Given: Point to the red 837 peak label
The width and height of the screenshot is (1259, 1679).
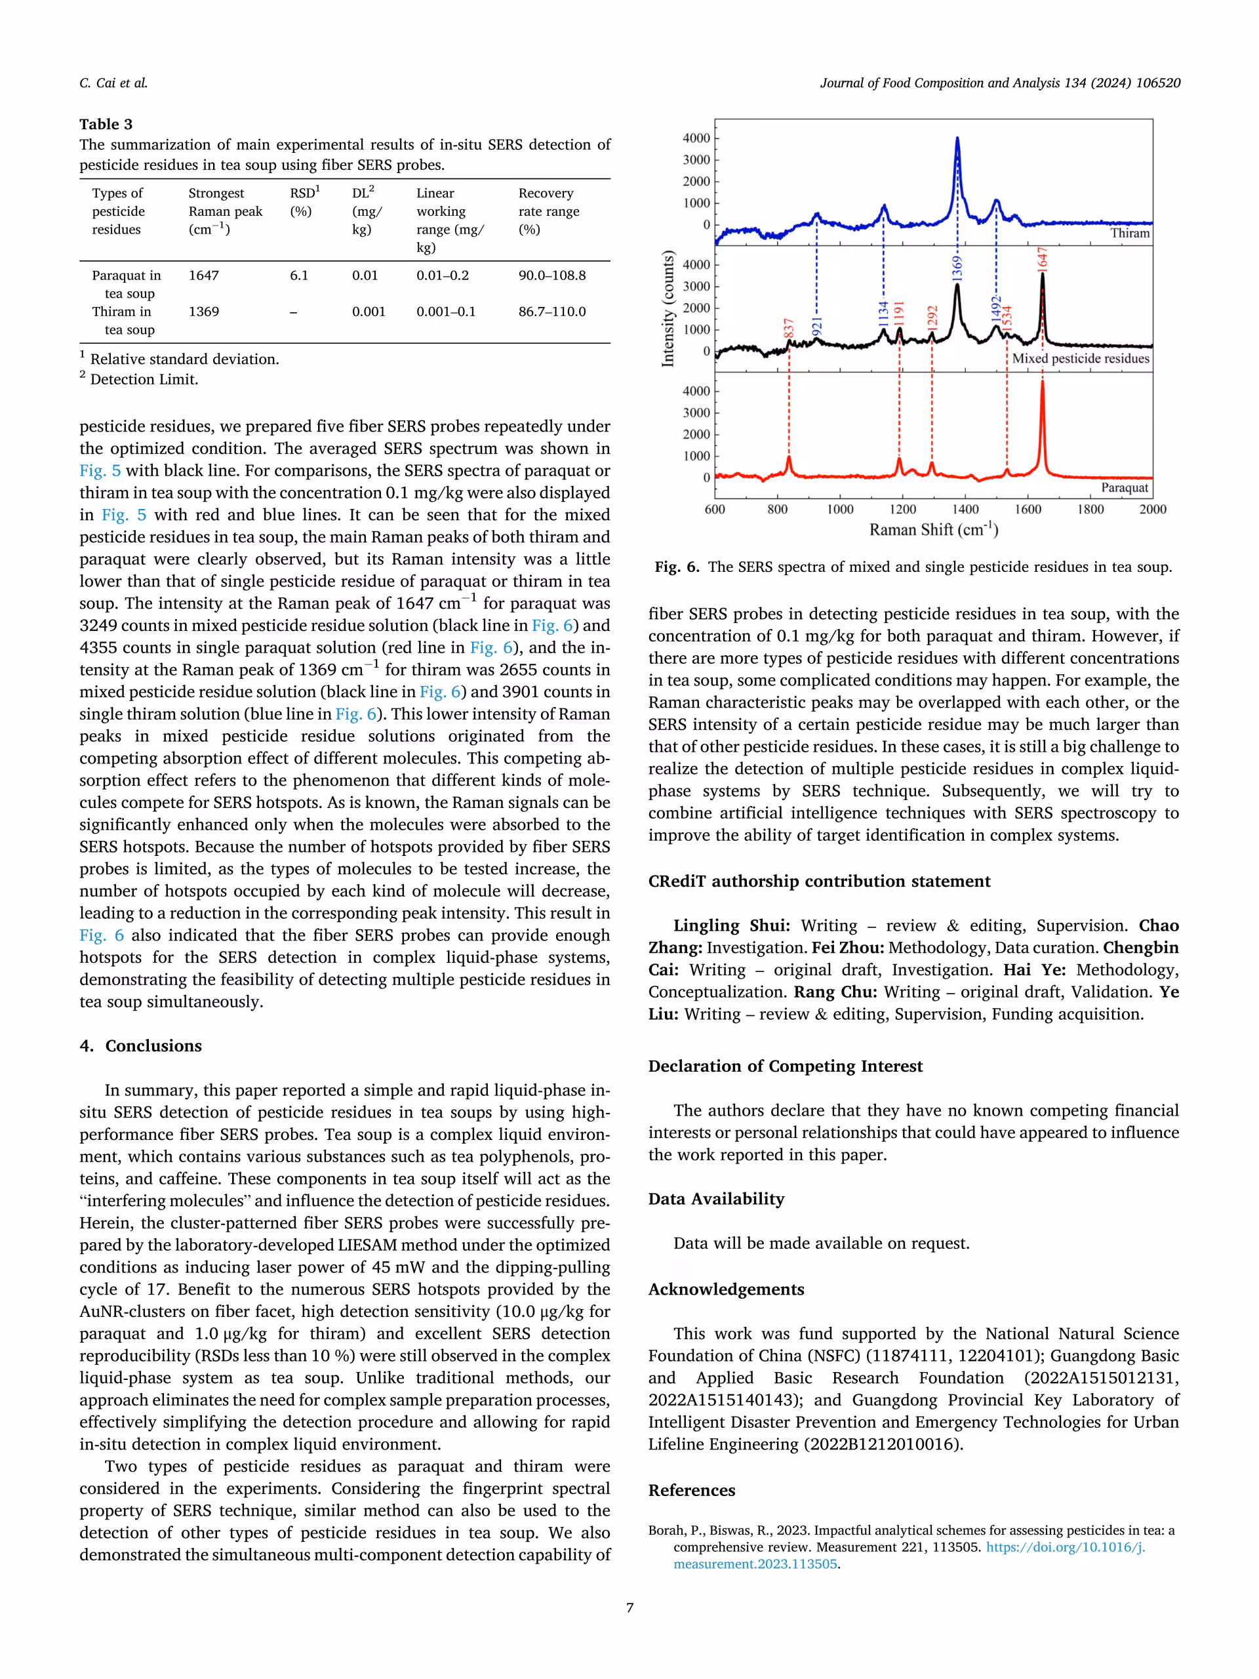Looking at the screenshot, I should [x=788, y=328].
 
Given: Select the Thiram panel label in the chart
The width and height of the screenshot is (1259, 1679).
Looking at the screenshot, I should [x=1129, y=233].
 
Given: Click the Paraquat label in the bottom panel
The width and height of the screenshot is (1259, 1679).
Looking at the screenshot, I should [x=1124, y=487].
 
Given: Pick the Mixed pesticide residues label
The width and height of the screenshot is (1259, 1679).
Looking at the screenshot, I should [x=1080, y=358].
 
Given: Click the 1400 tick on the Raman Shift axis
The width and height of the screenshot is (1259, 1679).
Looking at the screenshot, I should [x=965, y=510].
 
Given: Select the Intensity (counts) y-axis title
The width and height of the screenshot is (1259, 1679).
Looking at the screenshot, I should [x=668, y=309].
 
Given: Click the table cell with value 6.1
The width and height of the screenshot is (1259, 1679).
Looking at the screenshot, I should [x=299, y=275].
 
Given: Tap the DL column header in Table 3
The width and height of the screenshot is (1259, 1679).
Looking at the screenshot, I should [x=367, y=211].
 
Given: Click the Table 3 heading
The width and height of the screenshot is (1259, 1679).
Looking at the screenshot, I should [x=106, y=124].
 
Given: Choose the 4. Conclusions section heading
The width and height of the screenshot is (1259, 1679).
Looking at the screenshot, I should [x=140, y=1045].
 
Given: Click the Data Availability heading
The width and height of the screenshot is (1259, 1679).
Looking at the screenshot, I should [x=715, y=1198].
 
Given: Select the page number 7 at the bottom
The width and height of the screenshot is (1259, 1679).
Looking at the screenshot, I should [x=629, y=1608].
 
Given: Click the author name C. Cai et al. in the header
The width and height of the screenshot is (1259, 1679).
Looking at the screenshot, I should [x=113, y=83].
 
